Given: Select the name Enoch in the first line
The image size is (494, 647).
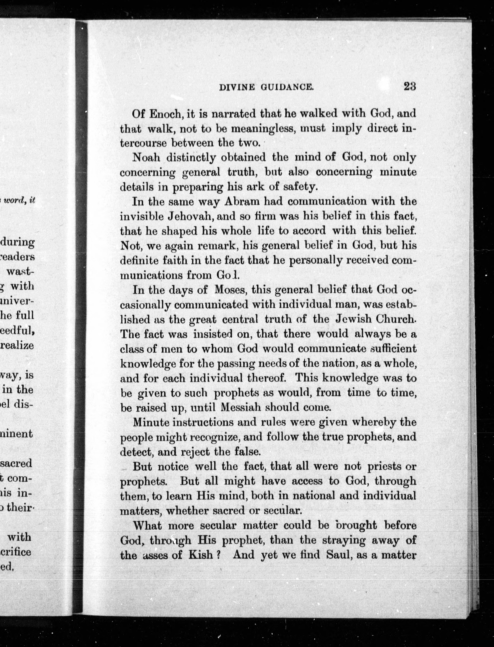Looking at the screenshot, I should (164, 114).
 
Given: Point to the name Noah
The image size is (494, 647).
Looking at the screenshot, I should (146, 158).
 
